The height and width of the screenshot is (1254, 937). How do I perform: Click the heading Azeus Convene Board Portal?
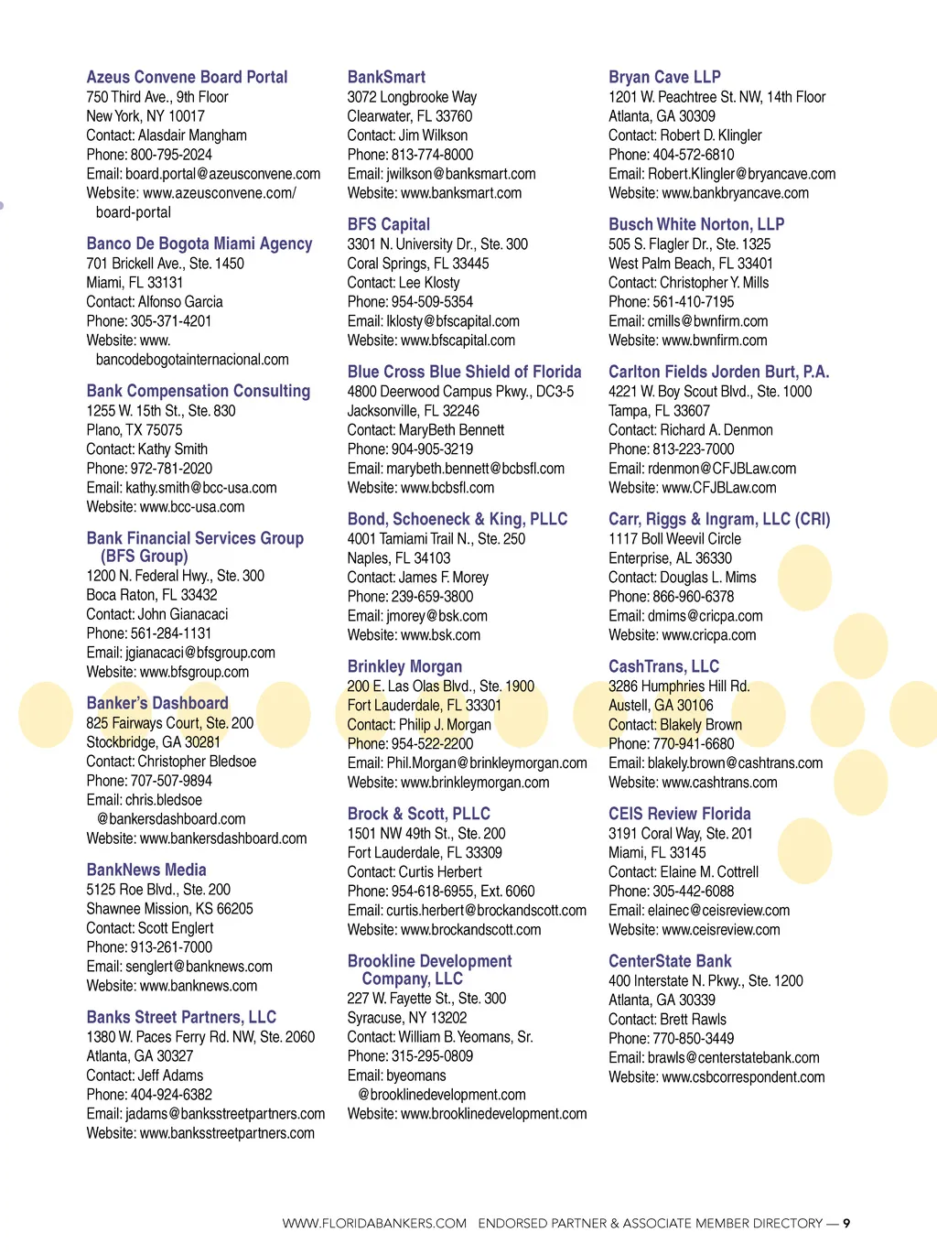point(187,77)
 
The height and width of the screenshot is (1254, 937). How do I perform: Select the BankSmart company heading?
point(386,77)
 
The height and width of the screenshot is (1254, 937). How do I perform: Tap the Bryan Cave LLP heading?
point(664,77)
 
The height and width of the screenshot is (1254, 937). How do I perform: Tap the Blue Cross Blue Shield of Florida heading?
point(464,372)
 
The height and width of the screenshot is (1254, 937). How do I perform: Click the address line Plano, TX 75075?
point(135,430)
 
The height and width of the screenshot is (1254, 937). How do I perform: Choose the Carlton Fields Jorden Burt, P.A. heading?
point(718,372)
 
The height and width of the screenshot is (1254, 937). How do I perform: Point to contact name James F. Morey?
point(444,578)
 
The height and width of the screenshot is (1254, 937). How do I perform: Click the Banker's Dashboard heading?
point(157,703)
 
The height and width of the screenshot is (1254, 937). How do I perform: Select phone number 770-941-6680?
point(694,744)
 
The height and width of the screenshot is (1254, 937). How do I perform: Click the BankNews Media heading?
point(146,870)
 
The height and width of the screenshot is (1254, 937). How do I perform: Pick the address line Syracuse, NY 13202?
point(407,1018)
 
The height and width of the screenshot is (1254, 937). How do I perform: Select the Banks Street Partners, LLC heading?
point(181,1017)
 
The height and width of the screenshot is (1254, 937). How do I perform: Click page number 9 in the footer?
point(846,1223)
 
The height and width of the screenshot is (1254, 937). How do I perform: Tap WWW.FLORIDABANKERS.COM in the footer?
point(374,1223)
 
